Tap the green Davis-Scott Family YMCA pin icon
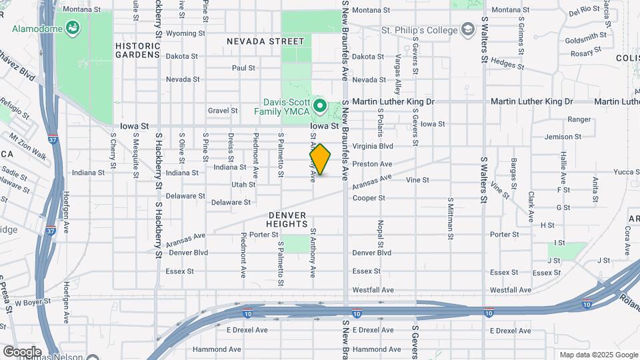click(x=320, y=106)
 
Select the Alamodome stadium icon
click(x=73, y=29)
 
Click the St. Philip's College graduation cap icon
click(x=469, y=30)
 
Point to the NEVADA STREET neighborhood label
click(x=265, y=41)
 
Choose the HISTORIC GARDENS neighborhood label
click(x=138, y=50)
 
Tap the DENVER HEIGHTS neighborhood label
click(x=287, y=220)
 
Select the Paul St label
click(x=243, y=68)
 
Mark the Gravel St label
click(x=223, y=111)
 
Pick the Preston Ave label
click(x=372, y=163)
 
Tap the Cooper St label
click(x=369, y=198)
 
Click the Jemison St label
click(x=563, y=137)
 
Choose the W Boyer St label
click(x=33, y=303)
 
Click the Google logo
click(x=21, y=351)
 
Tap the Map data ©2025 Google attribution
click(x=597, y=355)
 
